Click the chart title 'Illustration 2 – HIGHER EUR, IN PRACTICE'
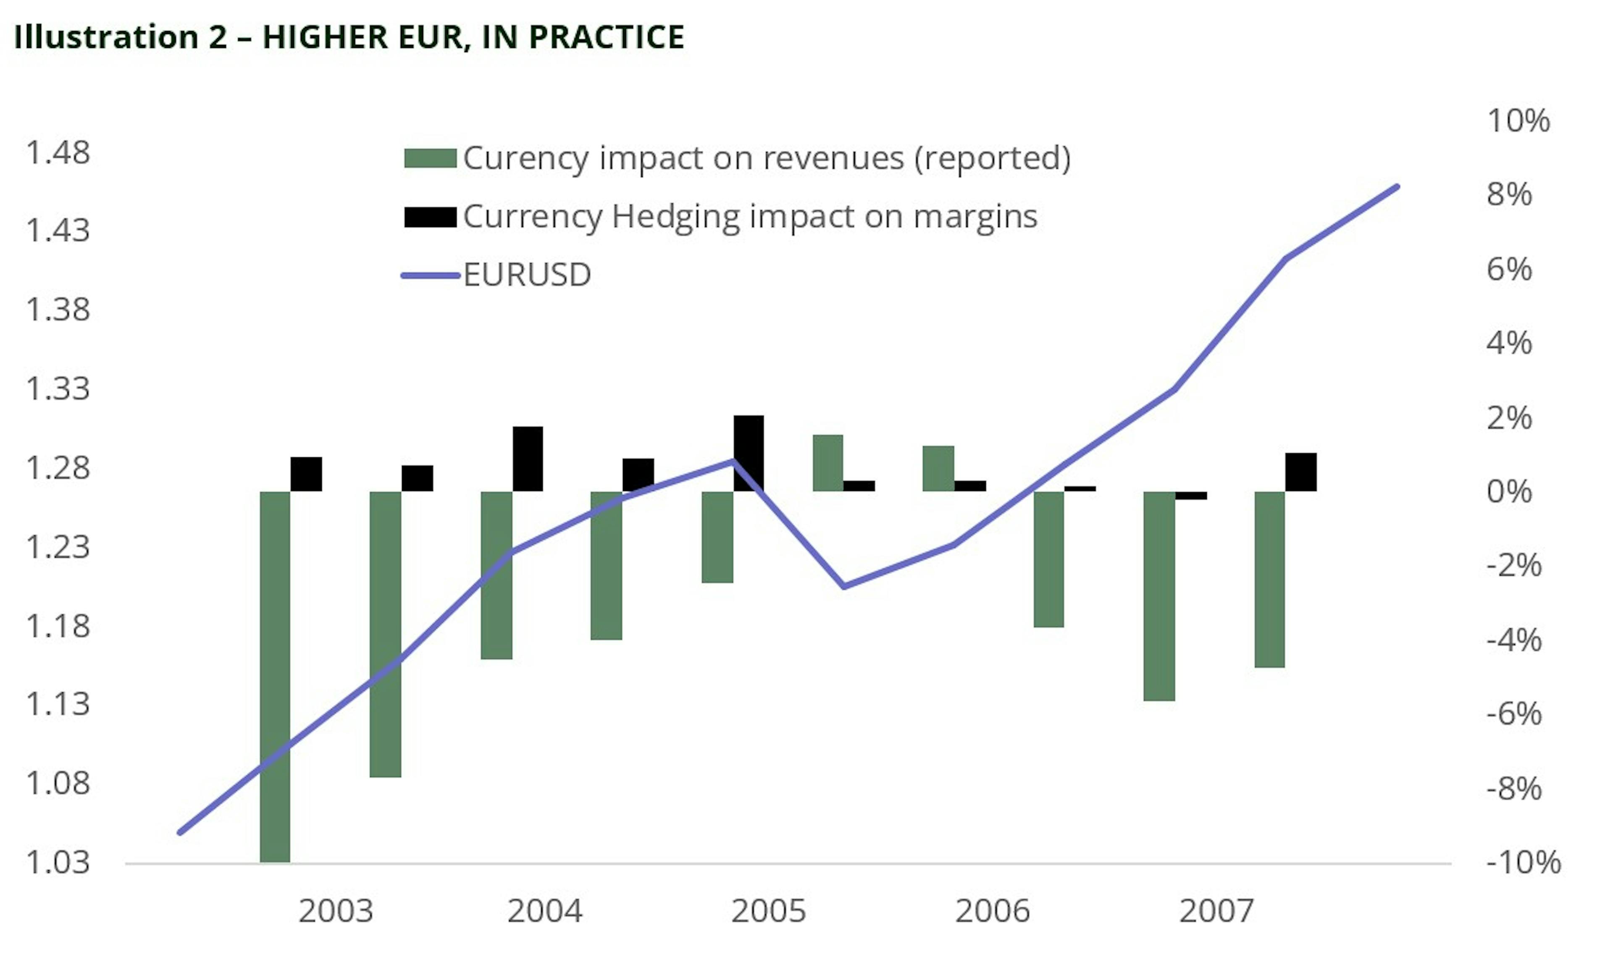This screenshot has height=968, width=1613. [x=349, y=37]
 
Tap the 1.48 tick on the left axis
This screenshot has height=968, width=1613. [x=58, y=153]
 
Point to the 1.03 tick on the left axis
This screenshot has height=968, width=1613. [x=58, y=862]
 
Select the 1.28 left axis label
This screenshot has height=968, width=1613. [x=58, y=468]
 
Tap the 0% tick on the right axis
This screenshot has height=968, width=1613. [x=1509, y=492]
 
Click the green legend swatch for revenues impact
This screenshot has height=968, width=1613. [x=430, y=158]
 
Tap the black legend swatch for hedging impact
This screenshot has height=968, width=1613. [x=430, y=217]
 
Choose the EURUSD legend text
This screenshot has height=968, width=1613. [x=527, y=275]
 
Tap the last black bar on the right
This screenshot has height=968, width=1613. [x=1300, y=472]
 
